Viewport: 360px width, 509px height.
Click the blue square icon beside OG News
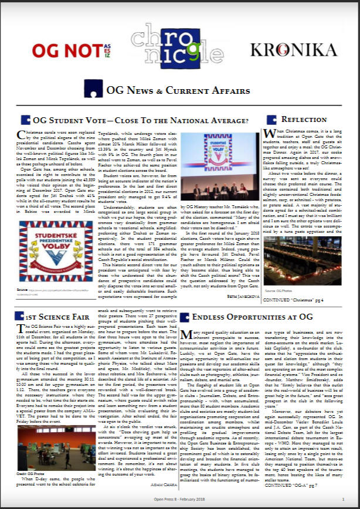pyautogui.click(x=93, y=89)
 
